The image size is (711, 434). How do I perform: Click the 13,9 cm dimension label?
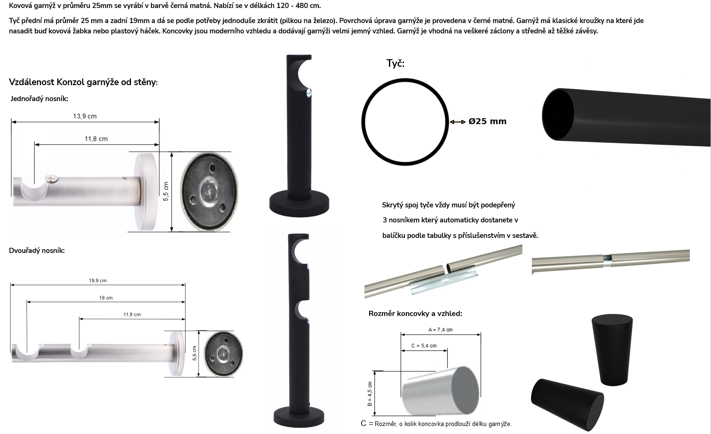click(x=85, y=116)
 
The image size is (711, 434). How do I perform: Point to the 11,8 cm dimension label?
click(x=96, y=139)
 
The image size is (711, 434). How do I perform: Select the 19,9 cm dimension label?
click(x=98, y=281)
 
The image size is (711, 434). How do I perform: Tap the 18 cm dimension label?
click(x=106, y=298)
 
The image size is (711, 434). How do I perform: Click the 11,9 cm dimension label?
click(x=132, y=315)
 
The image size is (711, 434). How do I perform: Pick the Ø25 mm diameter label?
click(x=487, y=121)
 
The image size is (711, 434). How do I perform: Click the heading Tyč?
click(x=395, y=63)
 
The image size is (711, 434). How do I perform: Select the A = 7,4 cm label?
click(x=440, y=330)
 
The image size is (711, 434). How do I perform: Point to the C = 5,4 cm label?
click(x=424, y=346)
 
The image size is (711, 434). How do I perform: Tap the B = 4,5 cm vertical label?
click(x=370, y=394)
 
